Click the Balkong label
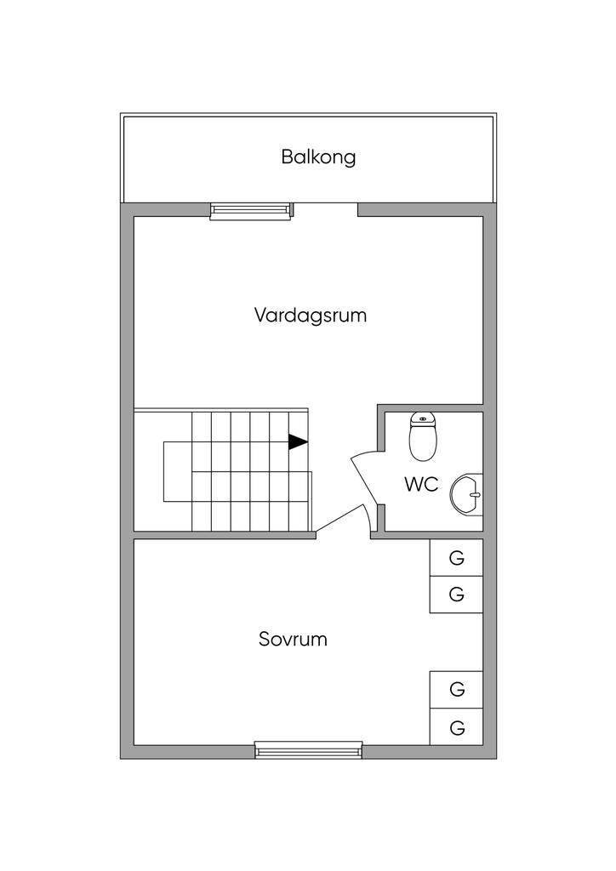pos(318,157)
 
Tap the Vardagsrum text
pos(311,315)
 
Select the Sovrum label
pos(293,639)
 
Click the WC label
pos(422,484)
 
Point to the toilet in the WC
pos(423,436)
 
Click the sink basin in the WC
pos(466,495)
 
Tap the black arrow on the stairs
pos(298,441)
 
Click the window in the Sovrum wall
pos(309,750)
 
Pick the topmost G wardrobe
pos(456,558)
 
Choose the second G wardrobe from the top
pos(456,595)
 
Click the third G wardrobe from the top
pos(456,690)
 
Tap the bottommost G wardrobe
pos(456,727)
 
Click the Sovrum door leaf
pos(339,520)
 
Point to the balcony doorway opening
pos(326,210)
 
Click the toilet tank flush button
pos(423,418)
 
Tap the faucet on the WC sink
pos(474,493)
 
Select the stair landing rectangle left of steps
pos(178,471)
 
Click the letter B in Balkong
pos(287,157)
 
